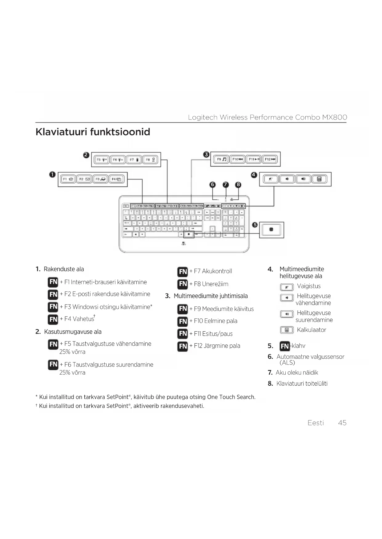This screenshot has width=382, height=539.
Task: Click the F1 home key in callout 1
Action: [x=68, y=179]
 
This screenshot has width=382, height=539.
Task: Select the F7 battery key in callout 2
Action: [x=134, y=160]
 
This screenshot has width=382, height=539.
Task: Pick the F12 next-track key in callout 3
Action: [x=270, y=159]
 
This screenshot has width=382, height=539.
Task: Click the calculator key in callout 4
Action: [x=319, y=179]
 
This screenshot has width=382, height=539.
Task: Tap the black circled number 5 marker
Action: [x=255, y=225]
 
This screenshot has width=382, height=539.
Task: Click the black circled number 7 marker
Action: [x=226, y=184]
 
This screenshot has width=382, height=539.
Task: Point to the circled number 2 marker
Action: [x=86, y=155]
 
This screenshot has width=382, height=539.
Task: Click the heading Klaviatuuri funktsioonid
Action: [x=93, y=132]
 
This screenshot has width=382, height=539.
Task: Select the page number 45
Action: [x=342, y=423]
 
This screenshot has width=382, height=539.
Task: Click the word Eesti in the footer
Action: [x=316, y=423]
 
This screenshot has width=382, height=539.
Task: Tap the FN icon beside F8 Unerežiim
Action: [x=183, y=284]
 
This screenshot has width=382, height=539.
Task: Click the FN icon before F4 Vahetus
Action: [x=53, y=319]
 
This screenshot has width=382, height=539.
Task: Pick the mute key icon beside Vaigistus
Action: [x=287, y=287]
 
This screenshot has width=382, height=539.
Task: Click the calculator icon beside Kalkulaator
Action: [x=287, y=330]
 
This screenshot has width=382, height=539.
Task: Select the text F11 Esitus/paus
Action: [x=213, y=334]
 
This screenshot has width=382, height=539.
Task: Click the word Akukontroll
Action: [x=217, y=271]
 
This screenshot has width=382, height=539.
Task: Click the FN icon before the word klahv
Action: [x=285, y=346]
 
